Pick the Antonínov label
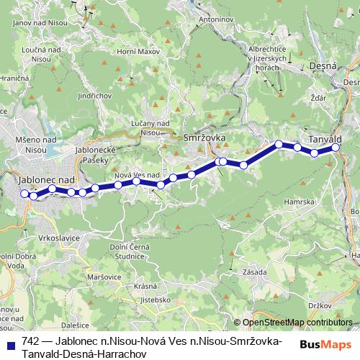tap(217, 17)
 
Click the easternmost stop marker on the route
tap(336, 148)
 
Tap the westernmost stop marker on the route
tap(24, 193)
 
